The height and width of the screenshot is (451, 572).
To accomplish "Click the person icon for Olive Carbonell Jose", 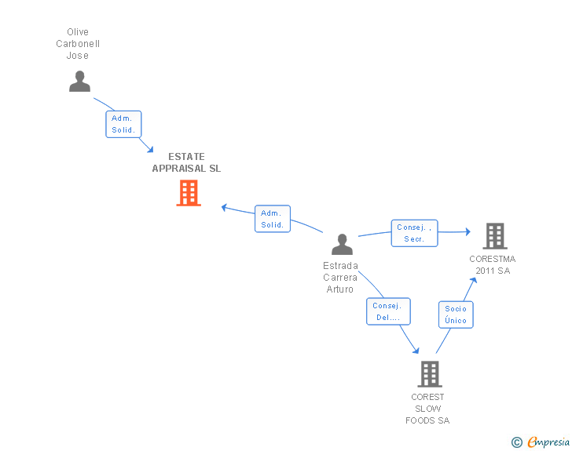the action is (x=79, y=82).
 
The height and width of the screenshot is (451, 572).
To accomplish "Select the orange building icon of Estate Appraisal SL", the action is (x=189, y=193).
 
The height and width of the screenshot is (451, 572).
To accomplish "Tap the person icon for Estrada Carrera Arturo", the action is (x=343, y=244).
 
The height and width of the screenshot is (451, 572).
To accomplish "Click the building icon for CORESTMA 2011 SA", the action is (x=495, y=236).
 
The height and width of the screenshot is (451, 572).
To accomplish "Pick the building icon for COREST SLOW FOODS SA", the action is (x=430, y=374).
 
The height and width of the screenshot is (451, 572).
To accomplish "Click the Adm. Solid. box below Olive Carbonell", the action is (x=123, y=124).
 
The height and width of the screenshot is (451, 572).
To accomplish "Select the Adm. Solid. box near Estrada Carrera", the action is (x=273, y=219).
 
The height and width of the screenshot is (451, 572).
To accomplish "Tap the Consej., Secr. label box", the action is (x=414, y=233).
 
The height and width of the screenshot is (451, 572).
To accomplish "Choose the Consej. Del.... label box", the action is (x=388, y=311).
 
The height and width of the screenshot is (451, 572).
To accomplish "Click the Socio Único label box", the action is (x=456, y=315).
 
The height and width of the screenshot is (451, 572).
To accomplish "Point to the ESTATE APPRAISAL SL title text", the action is (x=186, y=162).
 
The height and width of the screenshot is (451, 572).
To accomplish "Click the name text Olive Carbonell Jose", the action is (x=78, y=44).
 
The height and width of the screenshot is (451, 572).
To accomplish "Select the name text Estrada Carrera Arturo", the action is (x=340, y=277).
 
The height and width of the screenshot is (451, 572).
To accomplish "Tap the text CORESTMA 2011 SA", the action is (x=493, y=265).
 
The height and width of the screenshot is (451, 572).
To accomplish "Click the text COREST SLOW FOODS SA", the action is (x=427, y=409).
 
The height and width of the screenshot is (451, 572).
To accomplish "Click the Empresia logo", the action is (x=548, y=442).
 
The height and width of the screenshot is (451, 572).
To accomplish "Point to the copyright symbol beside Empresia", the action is (x=516, y=442).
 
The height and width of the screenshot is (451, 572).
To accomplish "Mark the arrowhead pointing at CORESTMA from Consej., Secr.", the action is (x=468, y=231).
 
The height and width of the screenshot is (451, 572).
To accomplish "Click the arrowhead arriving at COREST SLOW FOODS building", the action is (x=416, y=350).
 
